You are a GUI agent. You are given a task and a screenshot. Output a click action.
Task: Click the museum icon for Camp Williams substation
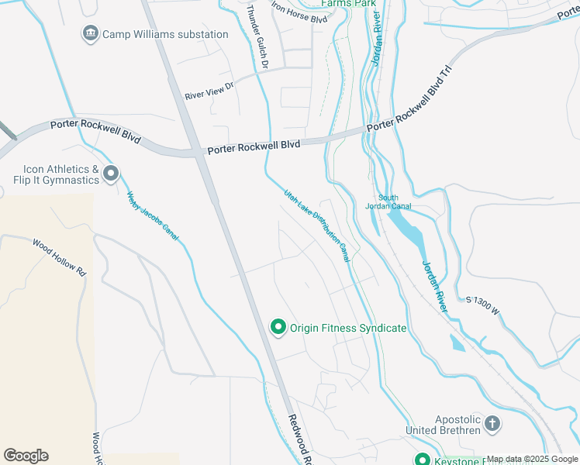[90, 34]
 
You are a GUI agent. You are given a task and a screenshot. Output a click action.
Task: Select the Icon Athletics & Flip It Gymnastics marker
[111, 174]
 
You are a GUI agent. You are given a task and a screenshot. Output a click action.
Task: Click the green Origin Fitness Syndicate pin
[278, 328]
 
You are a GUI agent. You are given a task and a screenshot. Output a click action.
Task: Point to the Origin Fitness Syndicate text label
[348, 328]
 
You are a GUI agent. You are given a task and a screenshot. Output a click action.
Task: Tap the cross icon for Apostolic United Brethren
[492, 423]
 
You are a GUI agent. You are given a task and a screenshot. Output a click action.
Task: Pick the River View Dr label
[209, 91]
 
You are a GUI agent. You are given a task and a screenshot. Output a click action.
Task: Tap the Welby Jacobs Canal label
[152, 215]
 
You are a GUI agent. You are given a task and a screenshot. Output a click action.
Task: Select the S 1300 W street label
[484, 301]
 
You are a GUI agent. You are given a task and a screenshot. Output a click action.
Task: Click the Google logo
[26, 456]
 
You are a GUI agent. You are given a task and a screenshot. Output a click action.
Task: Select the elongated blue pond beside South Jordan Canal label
[407, 228]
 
